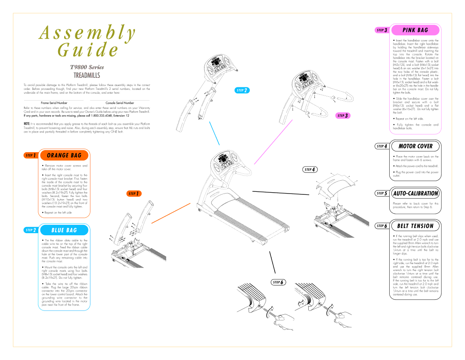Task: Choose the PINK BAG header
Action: point(415,30)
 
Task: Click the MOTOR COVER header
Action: point(415,146)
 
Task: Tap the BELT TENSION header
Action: point(415,226)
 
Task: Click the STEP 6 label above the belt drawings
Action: point(278,282)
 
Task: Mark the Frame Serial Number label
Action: point(54,103)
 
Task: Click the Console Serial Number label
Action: point(120,103)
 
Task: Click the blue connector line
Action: point(214,133)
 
